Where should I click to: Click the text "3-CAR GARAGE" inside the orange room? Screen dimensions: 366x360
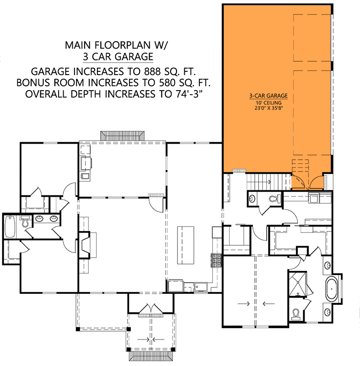pyautogui.click(x=268, y=96)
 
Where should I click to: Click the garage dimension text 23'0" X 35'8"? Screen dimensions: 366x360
pyautogui.click(x=269, y=108)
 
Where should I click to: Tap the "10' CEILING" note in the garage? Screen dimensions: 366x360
pyautogui.click(x=269, y=102)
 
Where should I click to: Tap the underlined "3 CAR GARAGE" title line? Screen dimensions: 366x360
pyautogui.click(x=118, y=57)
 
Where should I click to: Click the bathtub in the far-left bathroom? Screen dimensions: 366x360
pyautogui.click(x=10, y=225)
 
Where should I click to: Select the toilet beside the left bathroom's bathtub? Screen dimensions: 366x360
pyautogui.click(x=26, y=222)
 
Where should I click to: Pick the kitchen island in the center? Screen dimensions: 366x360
pyautogui.click(x=186, y=245)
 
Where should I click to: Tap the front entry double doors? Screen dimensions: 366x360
pyautogui.click(x=151, y=310)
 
